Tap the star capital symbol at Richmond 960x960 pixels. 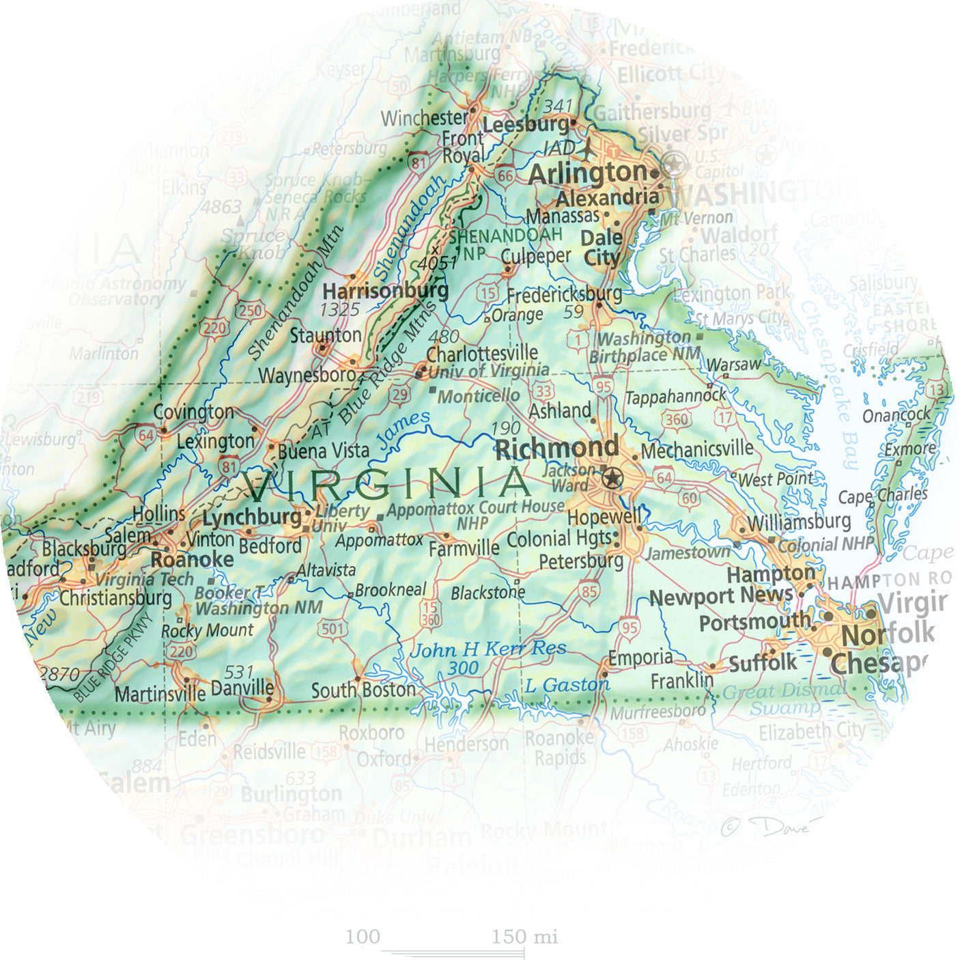[612, 478]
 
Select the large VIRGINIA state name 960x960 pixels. [387, 484]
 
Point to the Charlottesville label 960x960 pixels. [482, 354]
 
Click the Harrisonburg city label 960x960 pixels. [385, 291]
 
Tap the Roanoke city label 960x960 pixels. [192, 561]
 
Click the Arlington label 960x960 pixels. [587, 173]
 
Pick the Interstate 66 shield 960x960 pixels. [505, 175]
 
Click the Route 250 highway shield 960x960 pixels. [249, 311]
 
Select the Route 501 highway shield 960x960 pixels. [332, 628]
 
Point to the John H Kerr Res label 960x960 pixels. [488, 649]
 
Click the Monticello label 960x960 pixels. [478, 397]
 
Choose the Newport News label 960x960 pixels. [720, 597]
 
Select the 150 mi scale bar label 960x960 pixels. [524, 937]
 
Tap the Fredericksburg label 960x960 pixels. [564, 295]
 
